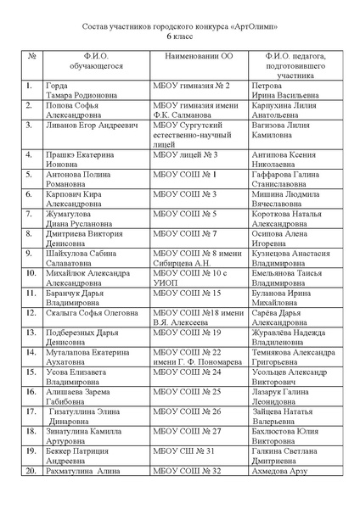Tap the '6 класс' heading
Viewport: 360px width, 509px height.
[x=179, y=38]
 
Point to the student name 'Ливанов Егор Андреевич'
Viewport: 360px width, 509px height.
[x=92, y=125]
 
